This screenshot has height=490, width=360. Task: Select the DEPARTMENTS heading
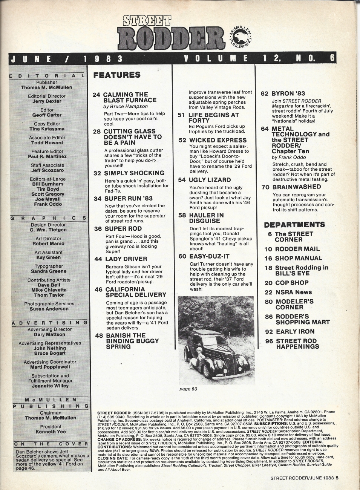pyautogui.click(x=294, y=225)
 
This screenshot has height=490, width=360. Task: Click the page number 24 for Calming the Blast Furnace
pyautogui.click(x=96, y=95)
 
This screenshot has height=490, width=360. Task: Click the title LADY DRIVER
pyautogui.click(x=126, y=259)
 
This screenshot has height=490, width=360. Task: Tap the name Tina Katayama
pyautogui.click(x=47, y=129)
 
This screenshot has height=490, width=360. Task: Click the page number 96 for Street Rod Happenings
pyautogui.click(x=269, y=341)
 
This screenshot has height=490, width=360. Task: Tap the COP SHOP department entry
pyautogui.click(x=292, y=283)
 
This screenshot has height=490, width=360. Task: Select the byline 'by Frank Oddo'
pyautogui.click(x=288, y=157)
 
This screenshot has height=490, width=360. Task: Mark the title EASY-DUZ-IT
pyautogui.click(x=209, y=256)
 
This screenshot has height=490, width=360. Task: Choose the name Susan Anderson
pyautogui.click(x=49, y=309)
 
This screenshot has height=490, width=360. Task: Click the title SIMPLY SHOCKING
pyautogui.click(x=134, y=173)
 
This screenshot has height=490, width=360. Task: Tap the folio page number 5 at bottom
pyautogui.click(x=337, y=478)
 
